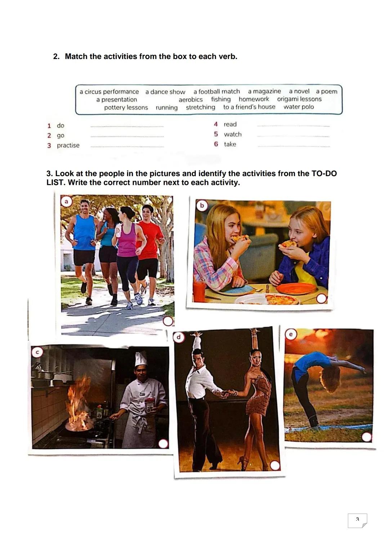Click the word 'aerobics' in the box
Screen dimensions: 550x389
191,99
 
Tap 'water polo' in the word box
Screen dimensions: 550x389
299,107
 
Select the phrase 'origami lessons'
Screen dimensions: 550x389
299,99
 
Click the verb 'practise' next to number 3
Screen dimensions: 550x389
68,146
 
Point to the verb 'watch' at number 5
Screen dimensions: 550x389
233,134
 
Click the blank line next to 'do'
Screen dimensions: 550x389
127,126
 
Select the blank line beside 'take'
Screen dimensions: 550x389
294,146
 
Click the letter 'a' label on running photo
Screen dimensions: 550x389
66,202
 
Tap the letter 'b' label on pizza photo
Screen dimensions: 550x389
202,205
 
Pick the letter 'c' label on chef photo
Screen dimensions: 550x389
36,352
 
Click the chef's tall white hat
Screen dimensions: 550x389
140,359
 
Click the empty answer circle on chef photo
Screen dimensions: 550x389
163,443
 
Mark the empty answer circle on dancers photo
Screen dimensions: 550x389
275,465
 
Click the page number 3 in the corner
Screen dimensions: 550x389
357,519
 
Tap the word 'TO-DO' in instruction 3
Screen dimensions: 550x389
324,174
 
